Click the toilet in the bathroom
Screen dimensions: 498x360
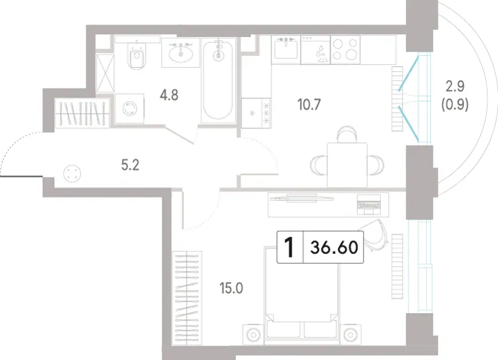tap(137, 57)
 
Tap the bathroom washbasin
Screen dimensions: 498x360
tap(181, 53)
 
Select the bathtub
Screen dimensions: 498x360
tap(218, 80)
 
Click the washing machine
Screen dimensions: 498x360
tap(129, 108)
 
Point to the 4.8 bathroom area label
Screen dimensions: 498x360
tap(169, 95)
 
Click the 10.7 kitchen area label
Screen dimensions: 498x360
tap(310, 104)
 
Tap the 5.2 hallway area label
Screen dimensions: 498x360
tap(130, 165)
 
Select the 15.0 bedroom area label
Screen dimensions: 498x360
tap(232, 288)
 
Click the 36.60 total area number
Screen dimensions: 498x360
tap(334, 247)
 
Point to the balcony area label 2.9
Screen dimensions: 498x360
tap(455, 86)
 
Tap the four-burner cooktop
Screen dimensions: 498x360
tap(345, 50)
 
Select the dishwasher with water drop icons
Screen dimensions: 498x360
tap(316, 50)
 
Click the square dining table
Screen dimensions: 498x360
tap(347, 165)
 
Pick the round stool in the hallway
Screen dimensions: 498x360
tap(72, 174)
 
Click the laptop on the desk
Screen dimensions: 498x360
tap(369, 204)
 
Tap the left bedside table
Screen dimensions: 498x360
tap(253, 335)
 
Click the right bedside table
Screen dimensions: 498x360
tap(350, 335)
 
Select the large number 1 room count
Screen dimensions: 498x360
tap(289, 248)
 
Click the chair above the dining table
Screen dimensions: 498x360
tap(347, 134)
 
